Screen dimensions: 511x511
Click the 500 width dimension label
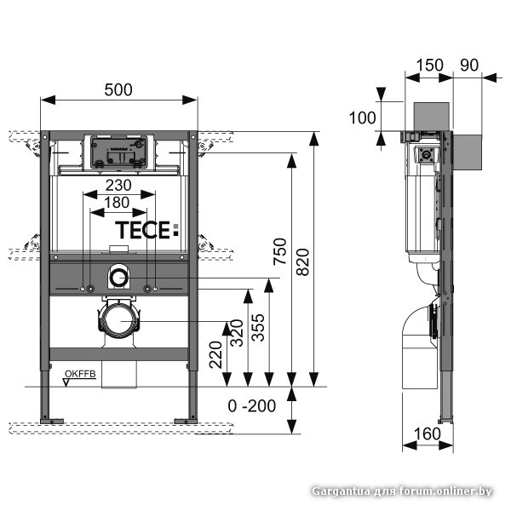[118, 86]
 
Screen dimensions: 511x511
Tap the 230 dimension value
[118, 186]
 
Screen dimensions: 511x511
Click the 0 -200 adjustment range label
[252, 405]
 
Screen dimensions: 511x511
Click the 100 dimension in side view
[363, 117]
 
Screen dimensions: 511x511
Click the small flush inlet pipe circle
[118, 277]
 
